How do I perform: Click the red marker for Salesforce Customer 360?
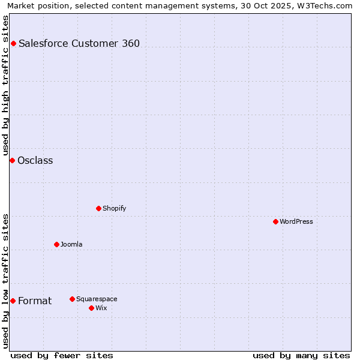click(x=13, y=43)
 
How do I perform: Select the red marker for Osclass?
click(x=12, y=160)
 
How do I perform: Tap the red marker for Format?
click(x=13, y=301)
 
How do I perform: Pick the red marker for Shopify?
click(x=98, y=208)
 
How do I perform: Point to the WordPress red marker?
click(x=275, y=221)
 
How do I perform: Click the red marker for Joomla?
click(x=56, y=244)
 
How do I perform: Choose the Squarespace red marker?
click(x=72, y=299)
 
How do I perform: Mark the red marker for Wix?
click(x=91, y=308)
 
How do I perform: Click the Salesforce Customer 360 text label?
click(x=79, y=43)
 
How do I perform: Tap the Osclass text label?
click(x=35, y=160)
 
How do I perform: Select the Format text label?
click(x=35, y=301)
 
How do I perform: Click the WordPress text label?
click(x=296, y=221)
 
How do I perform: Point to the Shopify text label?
click(x=114, y=208)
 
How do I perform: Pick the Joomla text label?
click(x=71, y=244)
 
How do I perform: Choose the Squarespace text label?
click(x=97, y=299)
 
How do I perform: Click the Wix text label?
click(x=101, y=308)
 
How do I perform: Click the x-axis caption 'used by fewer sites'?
click(x=62, y=355)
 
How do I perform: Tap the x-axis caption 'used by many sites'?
click(x=301, y=355)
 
